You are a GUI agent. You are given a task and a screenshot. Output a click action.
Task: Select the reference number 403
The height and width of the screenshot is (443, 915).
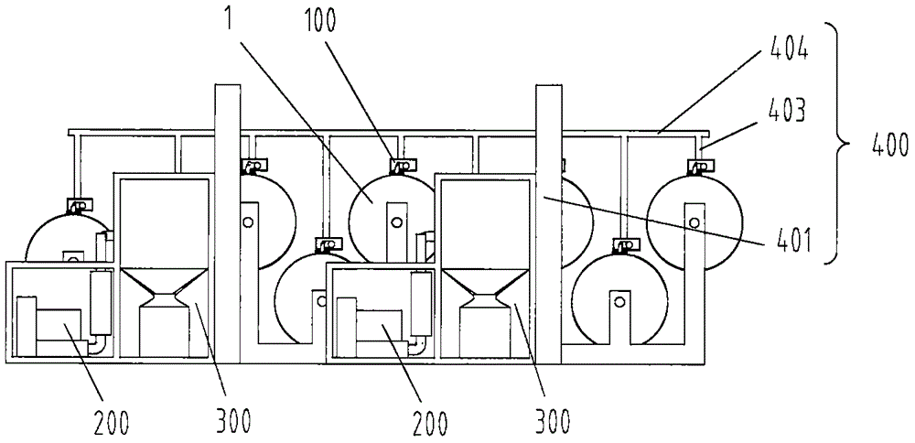pyautogui.click(x=786, y=111)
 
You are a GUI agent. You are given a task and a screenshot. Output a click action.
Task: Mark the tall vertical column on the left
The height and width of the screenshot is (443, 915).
pyautogui.click(x=228, y=223)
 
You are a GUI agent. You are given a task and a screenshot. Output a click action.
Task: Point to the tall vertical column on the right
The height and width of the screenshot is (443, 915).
pyautogui.click(x=548, y=223)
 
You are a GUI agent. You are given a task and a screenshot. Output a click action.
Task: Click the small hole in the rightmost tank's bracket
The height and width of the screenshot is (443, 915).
pyautogui.click(x=694, y=222)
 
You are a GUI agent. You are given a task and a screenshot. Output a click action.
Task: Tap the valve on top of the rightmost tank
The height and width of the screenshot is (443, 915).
pyautogui.click(x=697, y=167)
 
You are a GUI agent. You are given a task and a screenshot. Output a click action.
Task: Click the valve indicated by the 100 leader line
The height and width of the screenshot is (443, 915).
pyautogui.click(x=401, y=167)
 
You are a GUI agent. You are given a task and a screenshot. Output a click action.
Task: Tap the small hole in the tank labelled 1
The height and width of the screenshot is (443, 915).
pyautogui.click(x=397, y=222)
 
